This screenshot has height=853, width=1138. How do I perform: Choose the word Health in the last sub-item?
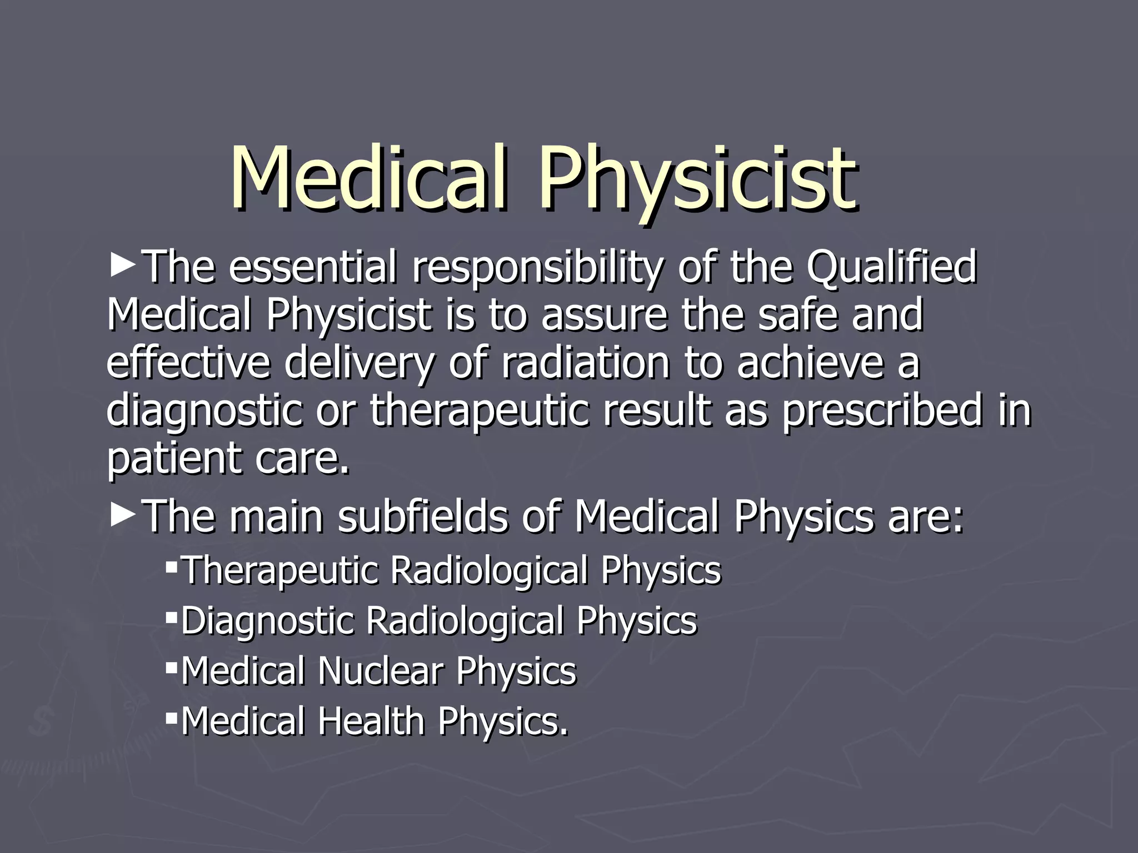click(371, 721)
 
